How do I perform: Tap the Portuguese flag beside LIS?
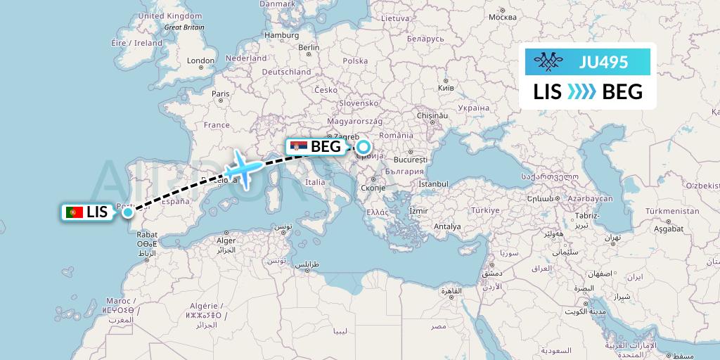tap(74, 212)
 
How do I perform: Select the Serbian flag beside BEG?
tap(299, 147)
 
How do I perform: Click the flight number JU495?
tap(603, 62)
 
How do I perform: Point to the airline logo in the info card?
tap(551, 62)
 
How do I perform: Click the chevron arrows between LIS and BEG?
tap(581, 91)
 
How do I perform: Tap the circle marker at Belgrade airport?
tap(363, 147)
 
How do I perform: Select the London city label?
tap(201, 60)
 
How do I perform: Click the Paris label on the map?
tap(221, 94)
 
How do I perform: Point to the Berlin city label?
tap(309, 48)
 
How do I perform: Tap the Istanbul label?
tap(433, 184)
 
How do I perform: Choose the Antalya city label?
tap(447, 226)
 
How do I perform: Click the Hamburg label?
tap(281, 35)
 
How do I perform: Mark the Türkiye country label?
tap(485, 210)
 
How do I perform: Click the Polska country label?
tap(355, 61)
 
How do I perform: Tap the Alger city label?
tap(226, 240)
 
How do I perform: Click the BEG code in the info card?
tap(622, 91)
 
